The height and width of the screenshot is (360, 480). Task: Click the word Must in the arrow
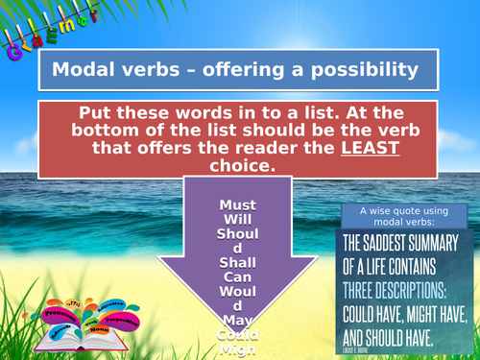237,205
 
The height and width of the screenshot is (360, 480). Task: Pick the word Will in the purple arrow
237,218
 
